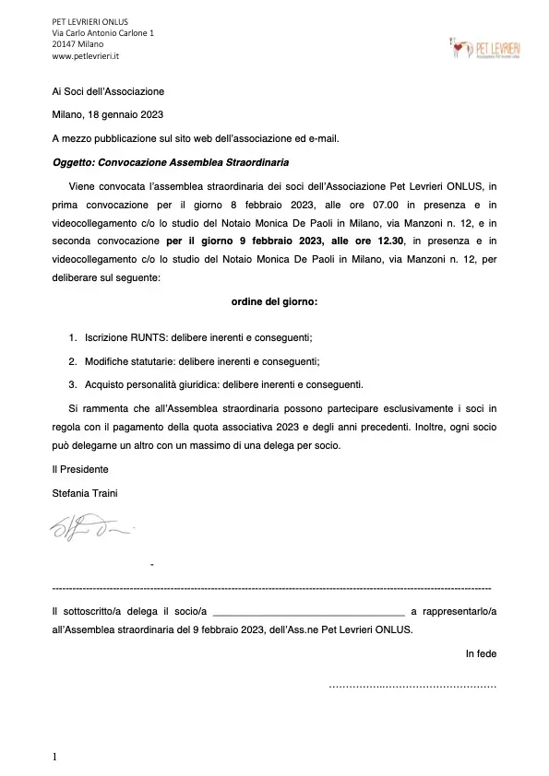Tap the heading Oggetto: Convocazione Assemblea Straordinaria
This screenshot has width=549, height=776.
(171, 162)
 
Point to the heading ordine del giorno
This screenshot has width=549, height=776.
(274, 300)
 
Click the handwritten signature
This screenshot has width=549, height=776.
(91, 529)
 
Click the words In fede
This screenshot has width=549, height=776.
(481, 654)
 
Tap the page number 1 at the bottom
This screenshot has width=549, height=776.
(54, 758)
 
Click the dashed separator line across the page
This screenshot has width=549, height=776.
(272, 587)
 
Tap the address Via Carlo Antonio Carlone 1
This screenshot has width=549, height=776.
(103, 33)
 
